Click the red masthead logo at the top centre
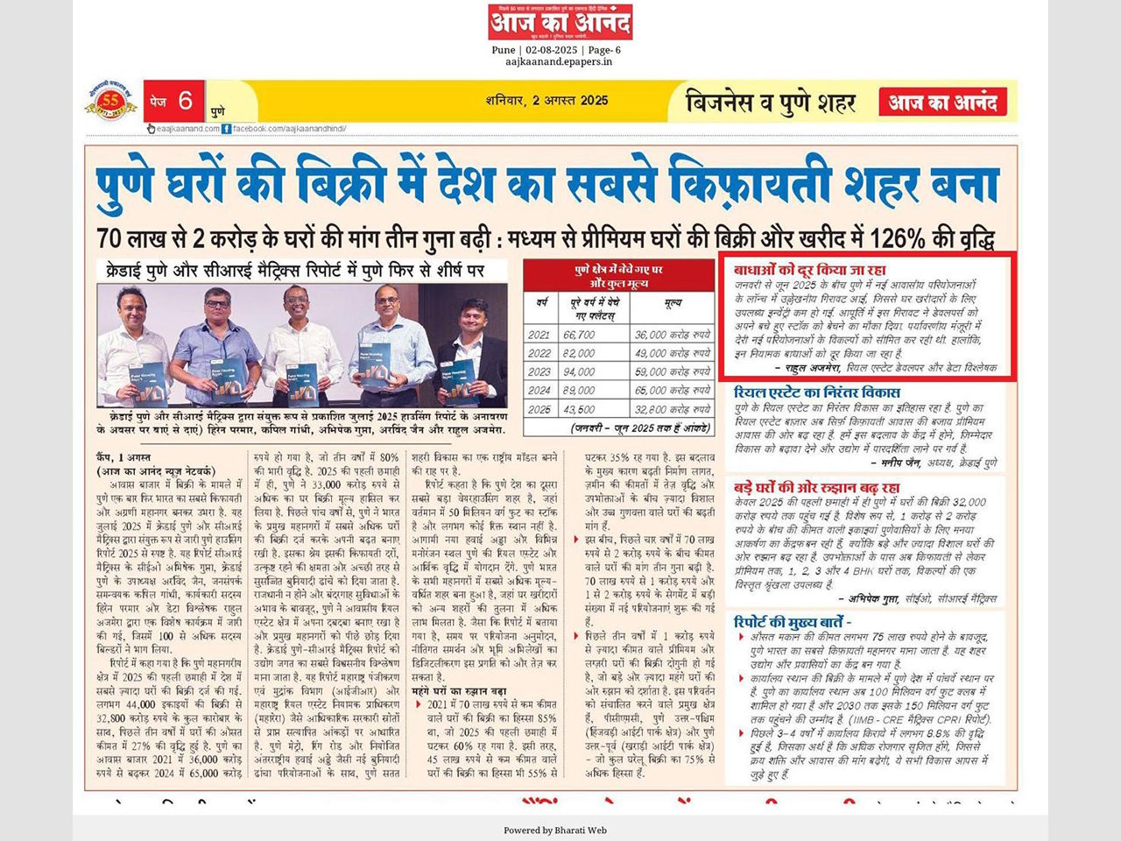(560, 22)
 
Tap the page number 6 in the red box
(185, 101)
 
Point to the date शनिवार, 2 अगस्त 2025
(546, 101)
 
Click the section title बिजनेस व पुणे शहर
(771, 102)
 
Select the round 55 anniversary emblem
(110, 102)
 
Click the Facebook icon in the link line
(227, 129)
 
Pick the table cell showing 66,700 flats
(579, 335)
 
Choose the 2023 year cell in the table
(539, 371)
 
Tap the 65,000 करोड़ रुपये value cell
(673, 391)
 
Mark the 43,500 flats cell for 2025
(579, 409)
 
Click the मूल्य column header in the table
(673, 302)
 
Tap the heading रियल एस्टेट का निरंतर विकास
(816, 392)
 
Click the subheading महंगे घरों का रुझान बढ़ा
(458, 692)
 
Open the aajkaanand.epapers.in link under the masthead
(558, 62)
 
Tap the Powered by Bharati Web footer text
(555, 830)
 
